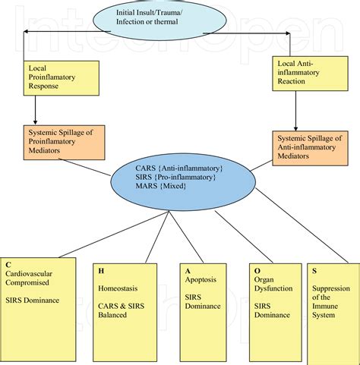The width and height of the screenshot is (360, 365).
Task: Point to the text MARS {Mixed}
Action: [x=159, y=187]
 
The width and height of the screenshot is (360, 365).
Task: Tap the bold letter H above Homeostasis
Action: [x=101, y=270]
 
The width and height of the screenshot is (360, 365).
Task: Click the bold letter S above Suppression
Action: [x=314, y=270]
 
